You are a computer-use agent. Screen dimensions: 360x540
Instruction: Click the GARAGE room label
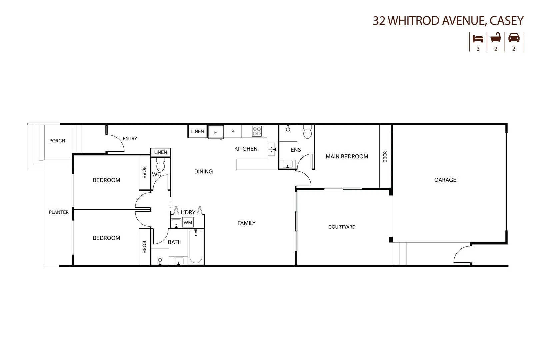coord(445,180)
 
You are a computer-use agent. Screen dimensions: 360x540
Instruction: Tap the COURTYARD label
coord(342,227)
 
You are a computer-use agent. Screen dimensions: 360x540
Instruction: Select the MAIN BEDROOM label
coord(347,156)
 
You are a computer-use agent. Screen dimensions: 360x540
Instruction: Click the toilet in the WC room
coord(161,165)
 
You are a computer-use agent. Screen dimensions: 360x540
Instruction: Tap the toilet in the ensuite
coord(307,132)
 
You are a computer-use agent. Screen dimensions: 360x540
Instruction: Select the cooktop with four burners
coord(257,131)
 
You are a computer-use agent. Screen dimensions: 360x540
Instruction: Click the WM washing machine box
coord(188,222)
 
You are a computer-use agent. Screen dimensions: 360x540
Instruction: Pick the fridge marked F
coord(216,132)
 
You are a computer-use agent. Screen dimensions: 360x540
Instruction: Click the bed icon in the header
coord(478,39)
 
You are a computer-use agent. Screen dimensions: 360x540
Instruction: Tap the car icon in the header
coord(514,38)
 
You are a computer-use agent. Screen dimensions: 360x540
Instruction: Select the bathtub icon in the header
coord(496,38)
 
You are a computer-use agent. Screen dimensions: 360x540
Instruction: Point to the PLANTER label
coord(59,212)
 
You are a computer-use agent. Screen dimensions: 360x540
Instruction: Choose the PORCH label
coord(57,141)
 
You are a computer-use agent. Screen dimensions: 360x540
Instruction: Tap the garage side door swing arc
coord(462,253)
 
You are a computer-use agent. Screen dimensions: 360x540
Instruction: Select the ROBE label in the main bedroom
coord(385,156)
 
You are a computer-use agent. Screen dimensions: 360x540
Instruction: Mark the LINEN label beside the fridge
coord(197,131)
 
